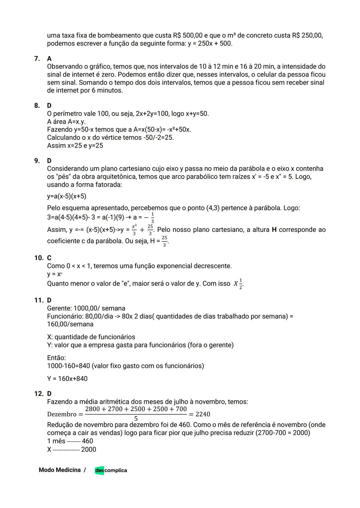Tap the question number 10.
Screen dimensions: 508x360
coord(38,258)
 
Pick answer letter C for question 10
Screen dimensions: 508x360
coord(49,258)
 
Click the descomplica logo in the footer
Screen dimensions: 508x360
coord(111,470)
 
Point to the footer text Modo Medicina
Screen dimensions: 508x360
coord(60,470)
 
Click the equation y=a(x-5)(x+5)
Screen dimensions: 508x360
coord(67,196)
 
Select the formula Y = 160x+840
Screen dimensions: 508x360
coord(67,379)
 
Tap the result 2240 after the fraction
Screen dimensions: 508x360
coord(203,414)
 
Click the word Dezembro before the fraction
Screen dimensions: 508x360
coord(62,414)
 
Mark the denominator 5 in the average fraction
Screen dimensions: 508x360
coord(136,418)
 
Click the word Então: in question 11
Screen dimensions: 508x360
coord(56,358)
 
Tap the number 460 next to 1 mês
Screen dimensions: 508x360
coord(87,441)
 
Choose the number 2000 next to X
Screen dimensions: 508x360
coord(89,449)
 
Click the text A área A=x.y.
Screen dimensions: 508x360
coord(66,122)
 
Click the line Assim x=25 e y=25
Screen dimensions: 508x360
coord(75,146)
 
